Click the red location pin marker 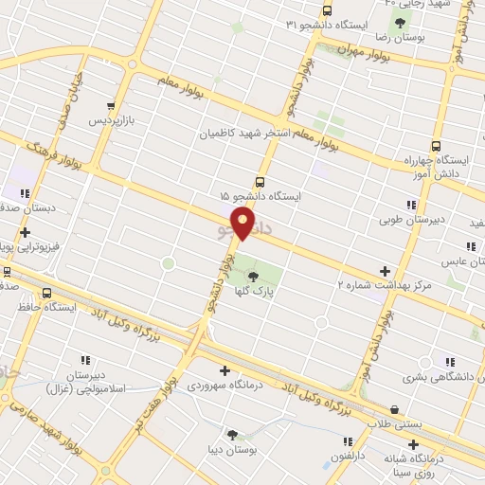coord(243,223)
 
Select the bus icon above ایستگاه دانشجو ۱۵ coord(260,181)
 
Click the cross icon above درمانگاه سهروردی coord(224,370)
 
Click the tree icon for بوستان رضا coord(404,25)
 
